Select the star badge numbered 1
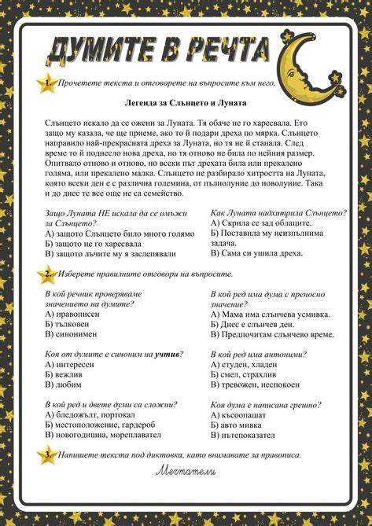[48, 82]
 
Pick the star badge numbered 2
[48, 274]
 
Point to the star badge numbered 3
[49, 454]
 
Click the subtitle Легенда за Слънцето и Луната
[186, 102]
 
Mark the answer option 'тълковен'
[71, 323]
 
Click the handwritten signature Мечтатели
[186, 470]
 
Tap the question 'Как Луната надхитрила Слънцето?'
[278, 213]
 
